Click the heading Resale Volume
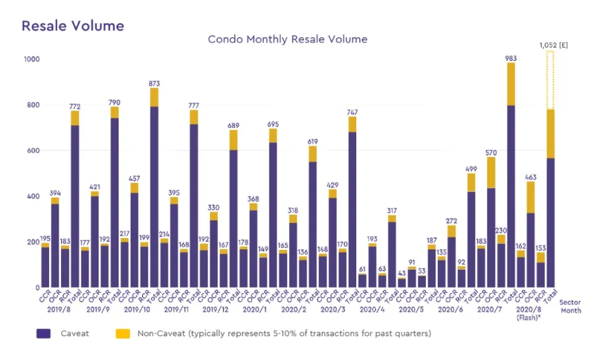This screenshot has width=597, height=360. [x=73, y=26]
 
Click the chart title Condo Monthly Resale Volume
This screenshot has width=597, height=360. [x=287, y=39]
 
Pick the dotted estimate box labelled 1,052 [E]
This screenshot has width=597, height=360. [x=551, y=80]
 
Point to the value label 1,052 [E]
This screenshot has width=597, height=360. [x=554, y=45]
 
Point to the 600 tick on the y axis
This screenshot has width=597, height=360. [x=32, y=150]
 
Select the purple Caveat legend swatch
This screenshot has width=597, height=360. [x=43, y=333]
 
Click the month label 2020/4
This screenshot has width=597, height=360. [x=373, y=309]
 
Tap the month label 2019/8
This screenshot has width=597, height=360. [x=58, y=309]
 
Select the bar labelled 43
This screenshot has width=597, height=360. [x=402, y=283]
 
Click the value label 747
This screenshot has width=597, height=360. [x=352, y=112]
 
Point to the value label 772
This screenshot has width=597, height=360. [x=75, y=106]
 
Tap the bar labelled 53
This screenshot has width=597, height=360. [x=422, y=282]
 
